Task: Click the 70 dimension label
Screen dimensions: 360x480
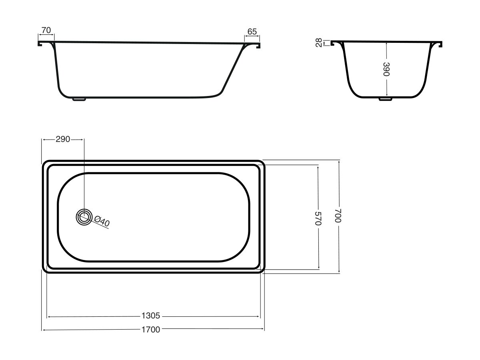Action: coord(46,30)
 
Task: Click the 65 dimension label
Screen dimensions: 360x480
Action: coord(252,31)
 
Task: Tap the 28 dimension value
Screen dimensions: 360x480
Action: coord(318,43)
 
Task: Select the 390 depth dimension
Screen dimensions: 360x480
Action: coord(386,69)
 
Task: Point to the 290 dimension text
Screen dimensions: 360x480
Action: coord(63,139)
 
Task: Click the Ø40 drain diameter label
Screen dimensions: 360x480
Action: coord(102,221)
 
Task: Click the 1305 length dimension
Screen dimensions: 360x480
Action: coord(150,316)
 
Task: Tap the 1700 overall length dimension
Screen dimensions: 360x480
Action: coord(150,330)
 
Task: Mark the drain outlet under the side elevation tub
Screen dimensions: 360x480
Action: coord(79,99)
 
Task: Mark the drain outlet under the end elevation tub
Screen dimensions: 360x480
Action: coord(385,99)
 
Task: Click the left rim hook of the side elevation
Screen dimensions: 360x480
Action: coord(40,44)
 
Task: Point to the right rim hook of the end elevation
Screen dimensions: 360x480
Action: coord(441,44)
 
